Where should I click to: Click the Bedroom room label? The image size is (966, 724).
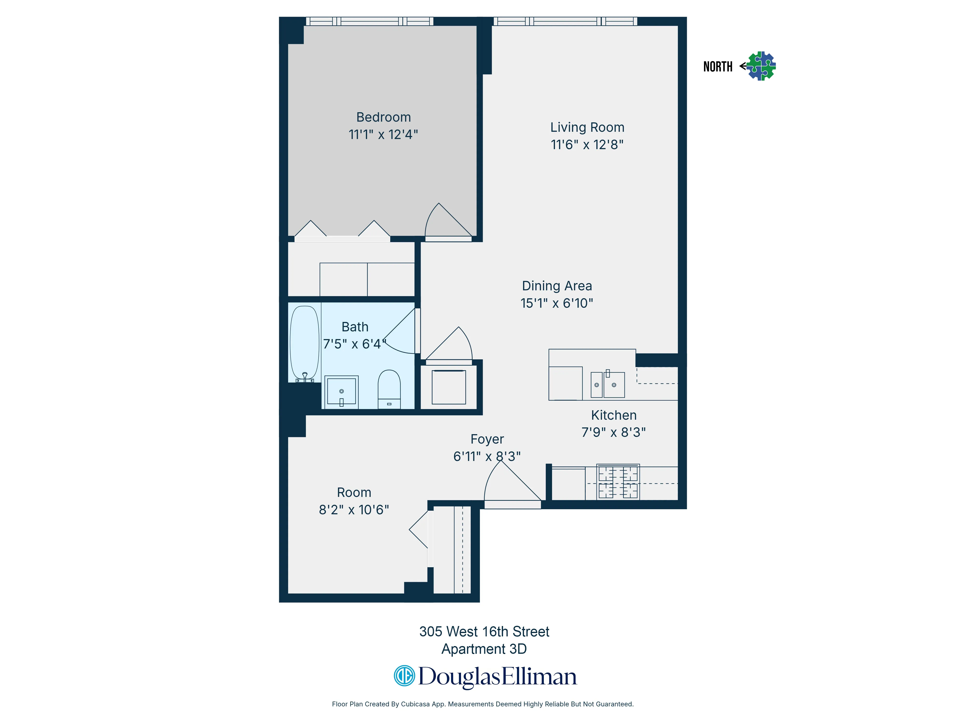click(384, 117)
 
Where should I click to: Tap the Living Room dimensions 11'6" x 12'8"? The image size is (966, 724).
click(587, 145)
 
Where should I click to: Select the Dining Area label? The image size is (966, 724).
click(557, 286)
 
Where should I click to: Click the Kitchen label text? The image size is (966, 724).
click(614, 415)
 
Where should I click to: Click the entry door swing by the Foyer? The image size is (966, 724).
click(509, 484)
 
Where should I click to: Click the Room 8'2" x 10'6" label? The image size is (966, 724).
click(354, 501)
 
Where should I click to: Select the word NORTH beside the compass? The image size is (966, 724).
click(717, 67)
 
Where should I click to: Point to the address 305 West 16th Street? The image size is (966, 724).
click(484, 632)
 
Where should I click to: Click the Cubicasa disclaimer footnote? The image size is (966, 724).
click(483, 704)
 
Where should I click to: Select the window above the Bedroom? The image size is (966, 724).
click(369, 21)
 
